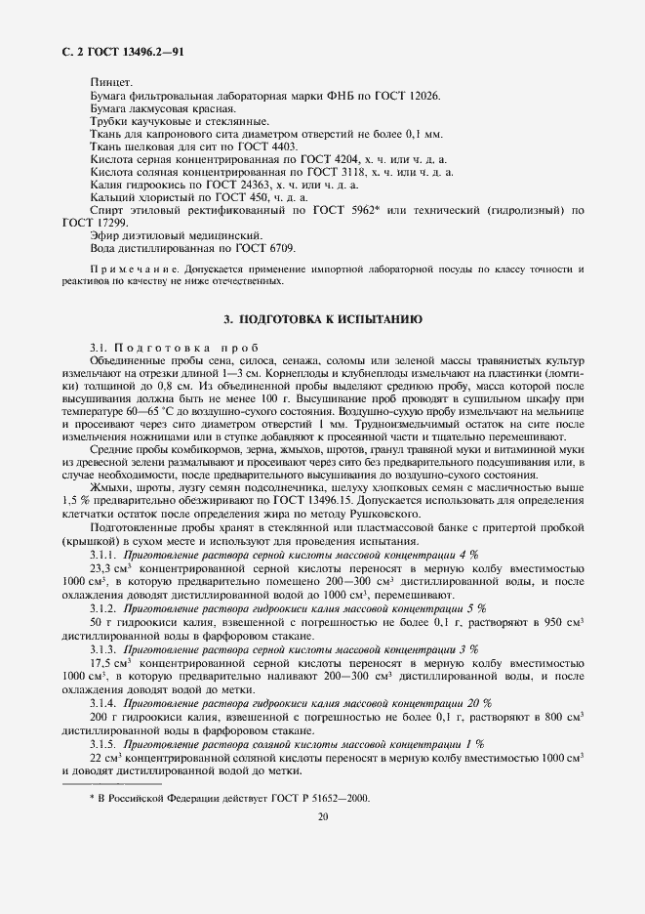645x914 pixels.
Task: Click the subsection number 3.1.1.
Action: click(103, 552)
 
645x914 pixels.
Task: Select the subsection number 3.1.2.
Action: click(103, 607)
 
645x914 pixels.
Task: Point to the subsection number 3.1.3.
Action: click(103, 649)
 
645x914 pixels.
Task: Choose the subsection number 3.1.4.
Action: click(103, 703)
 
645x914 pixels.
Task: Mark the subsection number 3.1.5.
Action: click(103, 744)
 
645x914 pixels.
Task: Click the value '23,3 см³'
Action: click(111, 566)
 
